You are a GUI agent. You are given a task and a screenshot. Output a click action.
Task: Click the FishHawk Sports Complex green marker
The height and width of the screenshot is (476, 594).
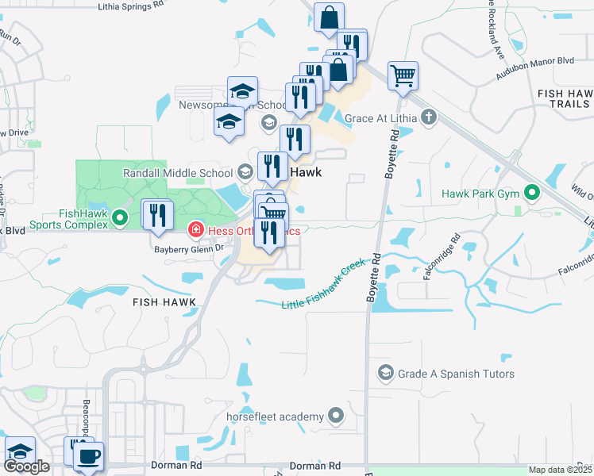click(120, 216)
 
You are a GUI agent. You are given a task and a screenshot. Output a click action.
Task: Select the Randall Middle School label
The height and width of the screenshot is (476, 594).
click(178, 172)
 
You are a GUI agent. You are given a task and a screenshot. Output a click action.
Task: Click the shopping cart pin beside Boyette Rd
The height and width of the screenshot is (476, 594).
click(403, 76)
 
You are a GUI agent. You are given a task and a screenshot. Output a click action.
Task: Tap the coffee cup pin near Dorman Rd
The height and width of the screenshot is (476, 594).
click(88, 457)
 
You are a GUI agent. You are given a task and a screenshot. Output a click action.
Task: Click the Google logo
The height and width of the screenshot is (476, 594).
click(26, 466)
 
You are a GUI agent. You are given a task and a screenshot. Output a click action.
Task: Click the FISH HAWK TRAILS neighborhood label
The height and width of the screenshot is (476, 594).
click(563, 98)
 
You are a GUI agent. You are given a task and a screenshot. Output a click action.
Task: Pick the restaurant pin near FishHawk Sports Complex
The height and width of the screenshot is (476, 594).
click(157, 214)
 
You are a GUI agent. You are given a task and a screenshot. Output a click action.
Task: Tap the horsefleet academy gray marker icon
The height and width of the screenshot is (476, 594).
click(337, 416)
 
